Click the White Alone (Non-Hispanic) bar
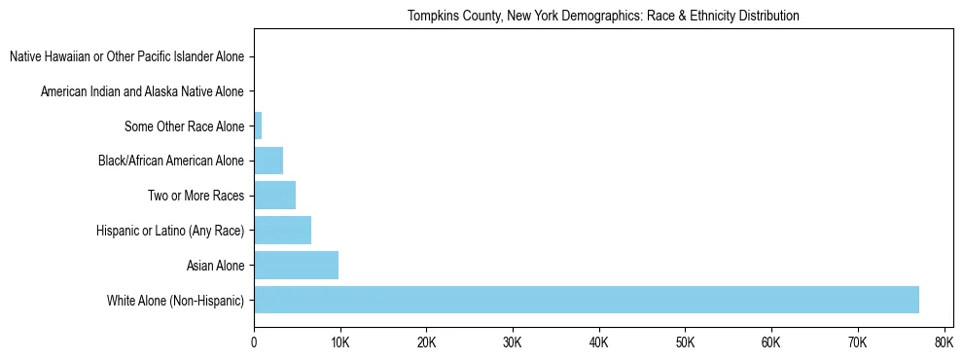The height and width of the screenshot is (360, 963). pos(586,300)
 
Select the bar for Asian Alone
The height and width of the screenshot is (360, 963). pos(296,265)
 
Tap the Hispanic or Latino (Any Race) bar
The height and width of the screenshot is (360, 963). pos(282,230)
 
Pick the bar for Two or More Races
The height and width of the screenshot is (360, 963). pos(274,195)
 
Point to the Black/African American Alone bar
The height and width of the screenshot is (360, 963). pos(268,161)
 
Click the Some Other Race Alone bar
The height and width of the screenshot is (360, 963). pos(258,126)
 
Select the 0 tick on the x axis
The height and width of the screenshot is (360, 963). pos(254,342)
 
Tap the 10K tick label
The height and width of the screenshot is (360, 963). pos(339,342)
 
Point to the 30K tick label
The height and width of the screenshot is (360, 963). pos(512,342)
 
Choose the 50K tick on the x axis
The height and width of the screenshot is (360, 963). pos(685,342)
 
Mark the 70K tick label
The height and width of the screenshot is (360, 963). pos(857,342)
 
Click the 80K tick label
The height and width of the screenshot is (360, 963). pos(943,342)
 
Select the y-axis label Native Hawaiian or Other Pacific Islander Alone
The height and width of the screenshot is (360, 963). pos(126,56)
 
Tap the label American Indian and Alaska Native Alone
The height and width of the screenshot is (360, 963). pos(142,91)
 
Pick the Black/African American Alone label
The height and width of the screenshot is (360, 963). pos(171,161)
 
